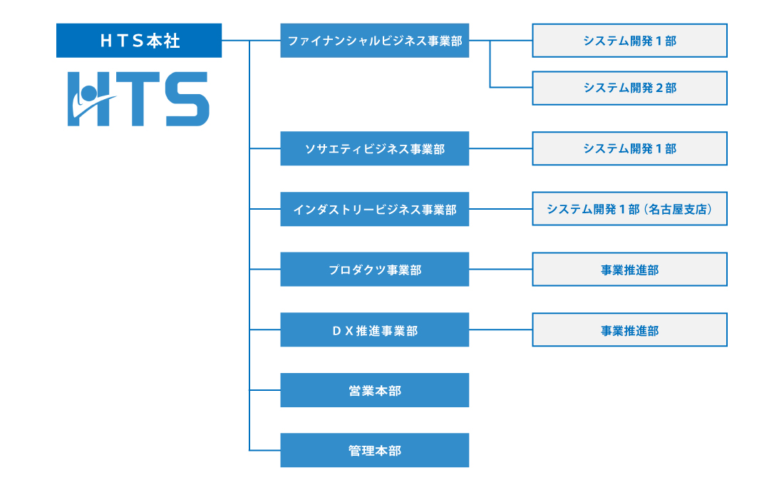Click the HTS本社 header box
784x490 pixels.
tap(139, 41)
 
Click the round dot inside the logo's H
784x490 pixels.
tap(88, 93)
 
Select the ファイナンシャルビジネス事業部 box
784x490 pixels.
tap(374, 41)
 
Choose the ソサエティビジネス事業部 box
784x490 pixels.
tap(374, 148)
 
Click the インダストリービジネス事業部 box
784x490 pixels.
tap(374, 209)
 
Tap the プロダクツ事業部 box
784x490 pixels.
tap(374, 270)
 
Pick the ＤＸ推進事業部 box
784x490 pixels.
tap(374, 330)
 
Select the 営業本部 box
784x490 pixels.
tap(374, 390)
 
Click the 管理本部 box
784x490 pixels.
tap(374, 450)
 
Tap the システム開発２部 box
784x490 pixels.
tap(629, 88)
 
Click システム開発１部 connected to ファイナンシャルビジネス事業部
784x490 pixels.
tap(629, 41)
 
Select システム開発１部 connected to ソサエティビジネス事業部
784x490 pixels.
tap(629, 148)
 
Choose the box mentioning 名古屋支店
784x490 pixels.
tap(629, 209)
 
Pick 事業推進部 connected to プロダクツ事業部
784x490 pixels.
tap(629, 270)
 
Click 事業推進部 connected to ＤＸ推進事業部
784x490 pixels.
tap(629, 330)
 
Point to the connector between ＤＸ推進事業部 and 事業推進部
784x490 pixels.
tap(500, 330)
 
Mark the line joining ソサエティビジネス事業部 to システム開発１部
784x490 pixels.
tap(500, 148)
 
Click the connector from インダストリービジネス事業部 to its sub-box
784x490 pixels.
tap(500, 209)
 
